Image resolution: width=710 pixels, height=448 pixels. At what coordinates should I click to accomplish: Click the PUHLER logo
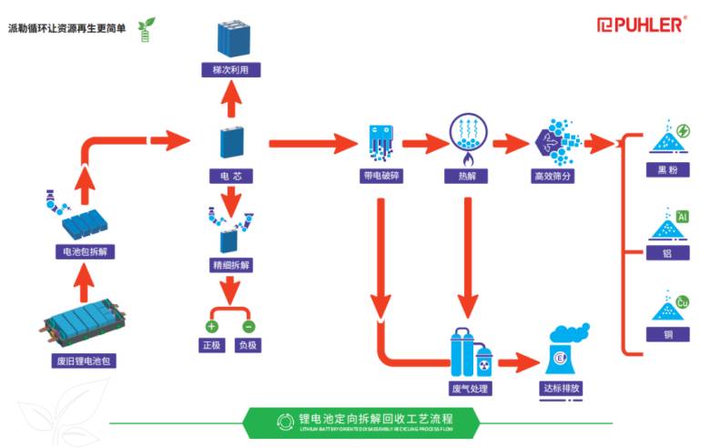click(640, 25)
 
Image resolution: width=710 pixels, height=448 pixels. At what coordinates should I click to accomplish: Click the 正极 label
click(211, 345)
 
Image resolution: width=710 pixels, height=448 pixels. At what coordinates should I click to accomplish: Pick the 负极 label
click(248, 345)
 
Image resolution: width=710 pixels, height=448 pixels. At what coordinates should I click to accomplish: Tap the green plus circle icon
click(211, 325)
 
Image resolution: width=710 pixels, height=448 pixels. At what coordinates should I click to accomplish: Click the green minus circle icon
click(248, 325)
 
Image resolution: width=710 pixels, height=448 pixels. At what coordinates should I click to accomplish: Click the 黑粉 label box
click(668, 169)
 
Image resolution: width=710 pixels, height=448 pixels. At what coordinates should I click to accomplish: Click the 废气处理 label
click(470, 389)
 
